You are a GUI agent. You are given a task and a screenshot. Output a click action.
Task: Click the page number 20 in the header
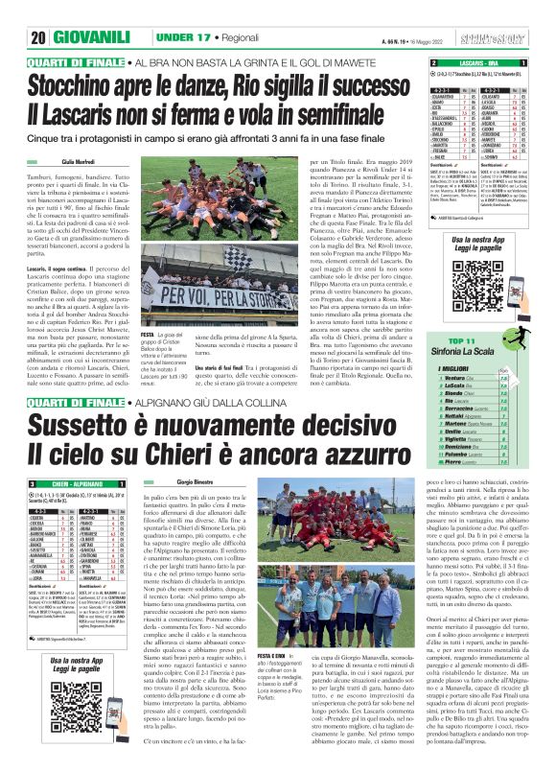pyautogui.click(x=17, y=12)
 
